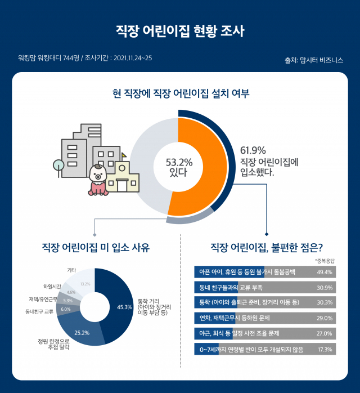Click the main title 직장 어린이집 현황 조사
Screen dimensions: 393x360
click(180, 30)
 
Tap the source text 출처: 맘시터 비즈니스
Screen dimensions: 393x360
click(314, 60)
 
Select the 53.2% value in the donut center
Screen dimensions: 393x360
click(179, 162)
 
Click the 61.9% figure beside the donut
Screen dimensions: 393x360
click(253, 150)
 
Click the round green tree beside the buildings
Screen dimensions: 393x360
click(58, 166)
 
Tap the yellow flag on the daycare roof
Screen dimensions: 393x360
click(124, 155)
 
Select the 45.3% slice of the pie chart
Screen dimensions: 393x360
click(120, 306)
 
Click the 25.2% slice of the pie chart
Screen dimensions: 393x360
click(82, 332)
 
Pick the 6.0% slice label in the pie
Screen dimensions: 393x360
click(65, 309)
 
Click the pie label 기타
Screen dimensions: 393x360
click(71, 270)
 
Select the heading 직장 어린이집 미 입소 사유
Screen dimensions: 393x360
click(96, 247)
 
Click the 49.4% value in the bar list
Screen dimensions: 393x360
click(325, 272)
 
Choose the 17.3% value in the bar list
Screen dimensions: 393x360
click(325, 350)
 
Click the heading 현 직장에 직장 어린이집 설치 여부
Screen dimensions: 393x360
click(181, 93)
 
